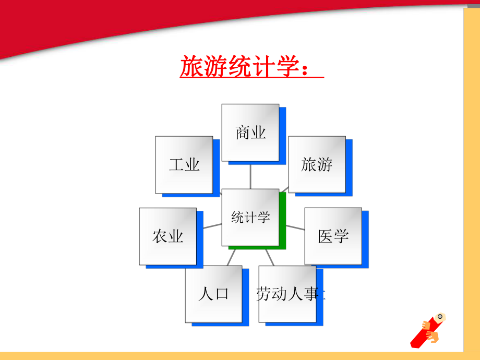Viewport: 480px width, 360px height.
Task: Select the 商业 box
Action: [x=250, y=133]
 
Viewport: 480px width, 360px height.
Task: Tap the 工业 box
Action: [x=184, y=165]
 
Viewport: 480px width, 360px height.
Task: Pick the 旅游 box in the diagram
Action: [x=317, y=165]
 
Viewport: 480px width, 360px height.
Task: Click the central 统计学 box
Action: [x=250, y=217]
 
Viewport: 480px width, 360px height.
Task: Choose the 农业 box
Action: [x=167, y=236]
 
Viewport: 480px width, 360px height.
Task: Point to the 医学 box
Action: [x=333, y=236]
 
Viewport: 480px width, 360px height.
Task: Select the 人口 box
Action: [x=213, y=294]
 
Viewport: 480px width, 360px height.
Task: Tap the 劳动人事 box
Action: [x=287, y=294]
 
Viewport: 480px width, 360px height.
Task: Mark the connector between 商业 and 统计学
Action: [x=250, y=175]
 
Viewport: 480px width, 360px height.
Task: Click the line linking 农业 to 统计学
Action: [x=212, y=225]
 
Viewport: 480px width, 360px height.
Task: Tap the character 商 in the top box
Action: [x=243, y=133]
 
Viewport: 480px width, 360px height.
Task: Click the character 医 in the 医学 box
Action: [x=326, y=236]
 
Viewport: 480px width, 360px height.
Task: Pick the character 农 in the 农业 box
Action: [x=160, y=236]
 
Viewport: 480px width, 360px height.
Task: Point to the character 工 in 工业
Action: [x=176, y=165]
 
